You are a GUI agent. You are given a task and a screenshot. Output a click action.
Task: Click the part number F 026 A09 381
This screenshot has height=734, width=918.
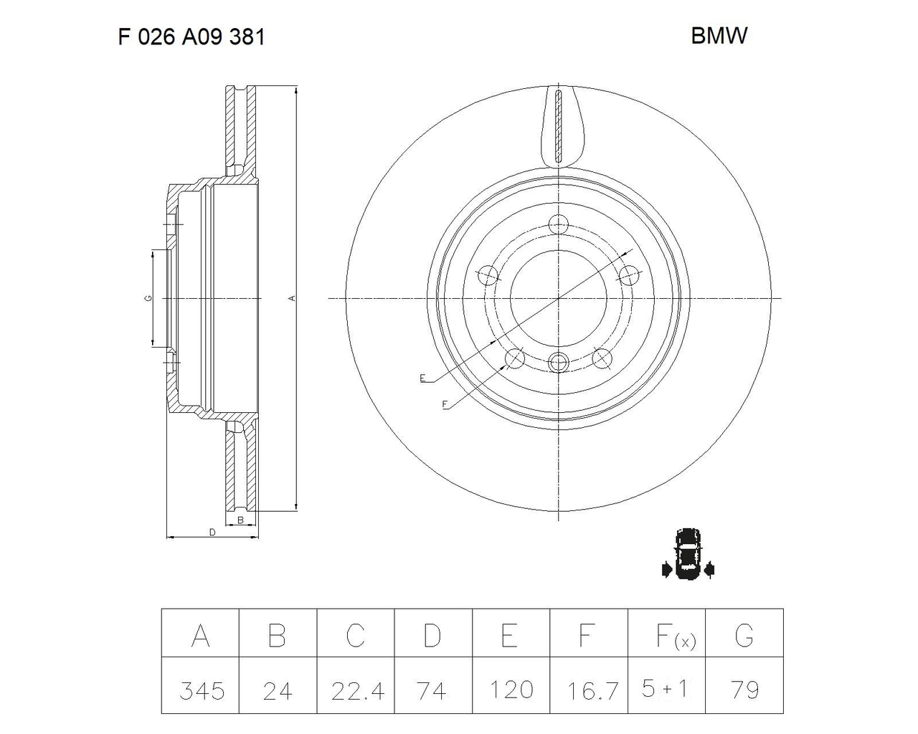(191, 37)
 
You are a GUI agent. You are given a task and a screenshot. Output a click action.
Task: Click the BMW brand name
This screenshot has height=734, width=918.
(719, 36)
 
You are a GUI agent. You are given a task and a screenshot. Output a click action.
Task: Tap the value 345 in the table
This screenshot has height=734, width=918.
(202, 691)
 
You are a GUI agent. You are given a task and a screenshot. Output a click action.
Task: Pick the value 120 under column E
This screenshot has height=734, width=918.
(511, 690)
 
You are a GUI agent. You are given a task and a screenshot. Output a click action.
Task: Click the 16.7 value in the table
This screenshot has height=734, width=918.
(592, 691)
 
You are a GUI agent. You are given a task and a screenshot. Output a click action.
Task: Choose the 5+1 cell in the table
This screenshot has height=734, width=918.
(665, 689)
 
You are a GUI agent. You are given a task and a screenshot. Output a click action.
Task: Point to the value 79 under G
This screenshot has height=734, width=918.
(745, 690)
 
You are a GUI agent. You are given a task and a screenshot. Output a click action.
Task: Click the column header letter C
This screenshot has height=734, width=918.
(355, 636)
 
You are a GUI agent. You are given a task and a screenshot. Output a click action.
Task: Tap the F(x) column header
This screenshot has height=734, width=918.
(676, 637)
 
